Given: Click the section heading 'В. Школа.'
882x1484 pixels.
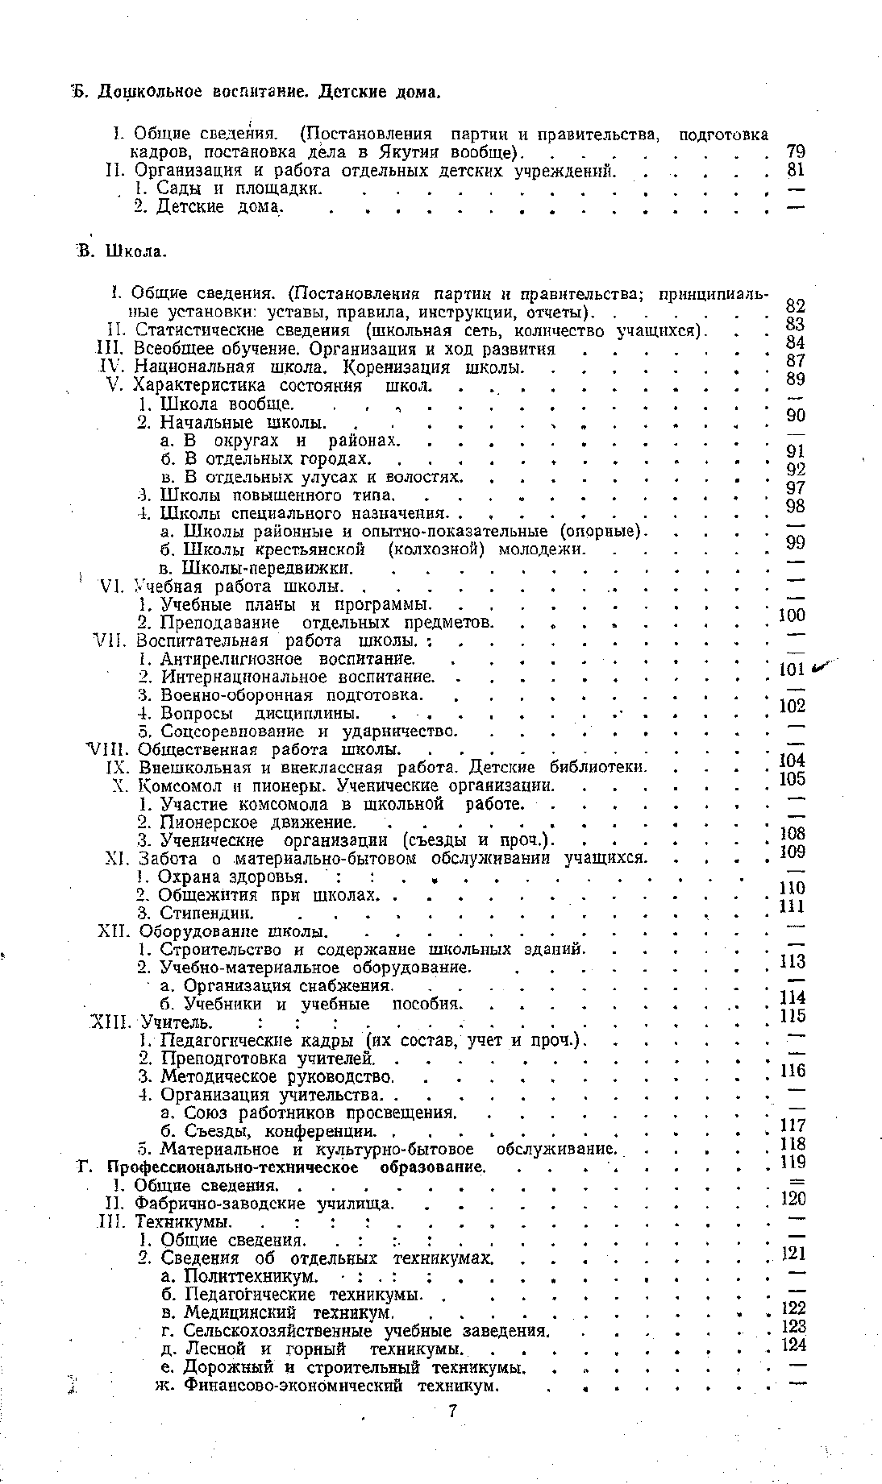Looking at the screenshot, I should point(122,251).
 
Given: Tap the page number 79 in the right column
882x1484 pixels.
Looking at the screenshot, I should point(796,151).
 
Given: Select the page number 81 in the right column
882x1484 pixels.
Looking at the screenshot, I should point(796,170).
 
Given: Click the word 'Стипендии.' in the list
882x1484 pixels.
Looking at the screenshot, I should point(207,913).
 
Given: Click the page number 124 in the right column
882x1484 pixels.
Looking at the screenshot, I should point(795,1345).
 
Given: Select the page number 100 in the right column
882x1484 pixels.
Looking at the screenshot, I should point(792,616).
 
